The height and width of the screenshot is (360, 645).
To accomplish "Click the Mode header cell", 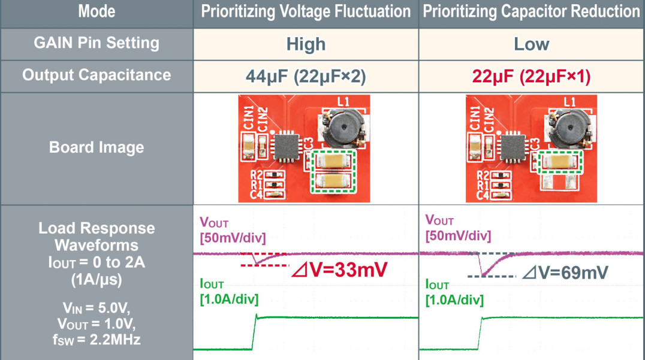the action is pyautogui.click(x=97, y=11).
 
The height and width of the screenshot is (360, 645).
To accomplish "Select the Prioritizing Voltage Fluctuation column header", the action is pyautogui.click(x=306, y=11).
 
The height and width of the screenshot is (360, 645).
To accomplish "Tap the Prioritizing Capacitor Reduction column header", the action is pyautogui.click(x=532, y=11).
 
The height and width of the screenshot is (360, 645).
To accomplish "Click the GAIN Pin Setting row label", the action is pyautogui.click(x=97, y=43).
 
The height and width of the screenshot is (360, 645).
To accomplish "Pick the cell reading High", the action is pyautogui.click(x=306, y=44).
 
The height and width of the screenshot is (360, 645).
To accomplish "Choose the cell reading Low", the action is pyautogui.click(x=532, y=44).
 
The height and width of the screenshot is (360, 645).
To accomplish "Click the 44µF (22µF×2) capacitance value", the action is pyautogui.click(x=306, y=77).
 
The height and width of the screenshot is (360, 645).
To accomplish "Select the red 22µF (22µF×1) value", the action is pyautogui.click(x=531, y=77).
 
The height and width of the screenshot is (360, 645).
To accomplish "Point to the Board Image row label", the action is pyautogui.click(x=97, y=147).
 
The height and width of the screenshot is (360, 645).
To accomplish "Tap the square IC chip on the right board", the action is pyautogui.click(x=512, y=147).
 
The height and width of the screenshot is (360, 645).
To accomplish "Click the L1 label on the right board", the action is pyautogui.click(x=569, y=102).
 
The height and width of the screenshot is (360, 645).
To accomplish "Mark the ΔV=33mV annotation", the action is pyautogui.click(x=339, y=270).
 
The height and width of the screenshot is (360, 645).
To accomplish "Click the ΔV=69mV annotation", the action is pyautogui.click(x=565, y=272).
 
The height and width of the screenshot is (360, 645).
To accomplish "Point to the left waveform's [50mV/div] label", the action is pyautogui.click(x=233, y=238).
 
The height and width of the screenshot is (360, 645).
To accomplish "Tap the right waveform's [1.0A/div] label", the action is pyautogui.click(x=454, y=300).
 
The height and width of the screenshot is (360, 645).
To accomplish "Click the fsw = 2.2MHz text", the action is pyautogui.click(x=97, y=340).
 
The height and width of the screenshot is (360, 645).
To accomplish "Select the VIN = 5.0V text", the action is pyautogui.click(x=97, y=308).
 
